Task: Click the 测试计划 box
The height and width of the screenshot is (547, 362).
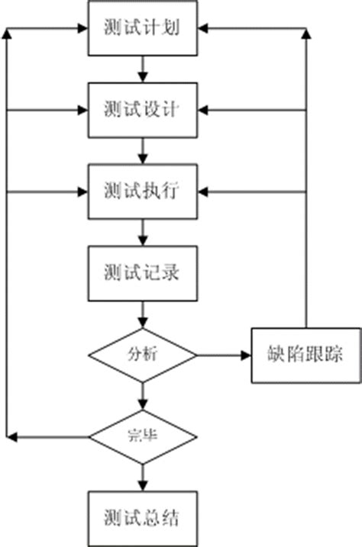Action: (143, 28)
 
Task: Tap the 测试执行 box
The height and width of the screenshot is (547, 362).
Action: (143, 191)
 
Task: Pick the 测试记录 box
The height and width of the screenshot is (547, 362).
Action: (143, 272)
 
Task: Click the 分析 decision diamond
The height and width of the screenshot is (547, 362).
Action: (143, 355)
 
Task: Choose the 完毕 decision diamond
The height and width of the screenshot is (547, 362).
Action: (143, 436)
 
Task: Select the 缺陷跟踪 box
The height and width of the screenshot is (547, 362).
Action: (304, 355)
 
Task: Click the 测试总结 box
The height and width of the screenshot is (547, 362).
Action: (143, 518)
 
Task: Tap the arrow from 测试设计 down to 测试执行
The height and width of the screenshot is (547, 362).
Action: (143, 150)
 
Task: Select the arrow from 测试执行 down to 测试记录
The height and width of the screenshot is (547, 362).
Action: (143, 232)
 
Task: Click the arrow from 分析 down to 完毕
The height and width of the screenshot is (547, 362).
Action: (143, 396)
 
